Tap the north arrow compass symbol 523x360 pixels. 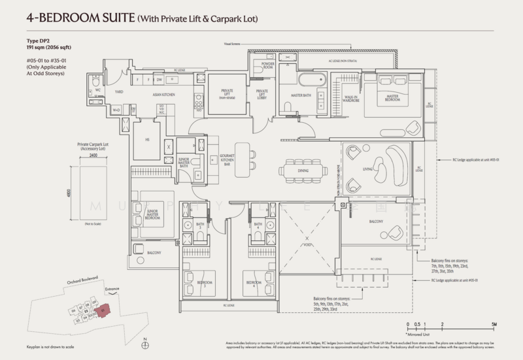[x=145, y=340]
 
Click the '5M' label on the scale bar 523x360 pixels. [x=496, y=324]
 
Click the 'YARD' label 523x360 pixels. [x=119, y=92]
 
